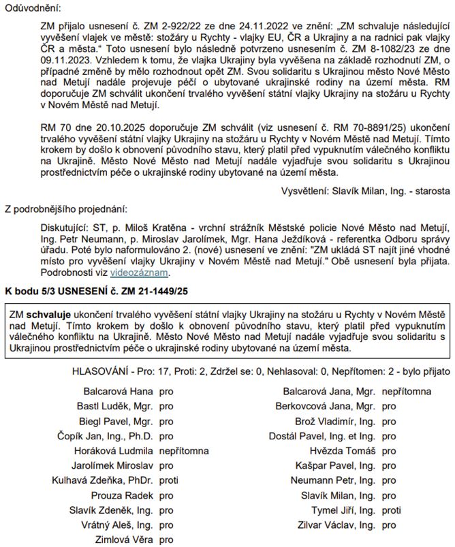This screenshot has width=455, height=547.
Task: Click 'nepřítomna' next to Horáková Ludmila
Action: click(184, 451)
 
